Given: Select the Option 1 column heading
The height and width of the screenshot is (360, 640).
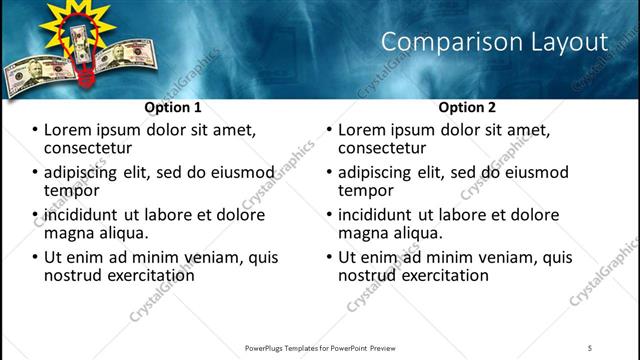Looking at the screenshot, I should [x=173, y=107].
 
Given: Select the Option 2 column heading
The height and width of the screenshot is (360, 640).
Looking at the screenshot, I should [x=467, y=107].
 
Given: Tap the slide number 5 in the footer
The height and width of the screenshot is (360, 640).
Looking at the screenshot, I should [x=590, y=347].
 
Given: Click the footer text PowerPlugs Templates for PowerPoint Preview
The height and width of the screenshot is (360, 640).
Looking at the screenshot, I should [x=320, y=347].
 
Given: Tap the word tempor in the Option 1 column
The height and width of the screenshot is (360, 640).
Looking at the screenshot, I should [x=70, y=191].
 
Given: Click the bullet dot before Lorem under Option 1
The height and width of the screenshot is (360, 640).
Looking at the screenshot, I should [x=35, y=131].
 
